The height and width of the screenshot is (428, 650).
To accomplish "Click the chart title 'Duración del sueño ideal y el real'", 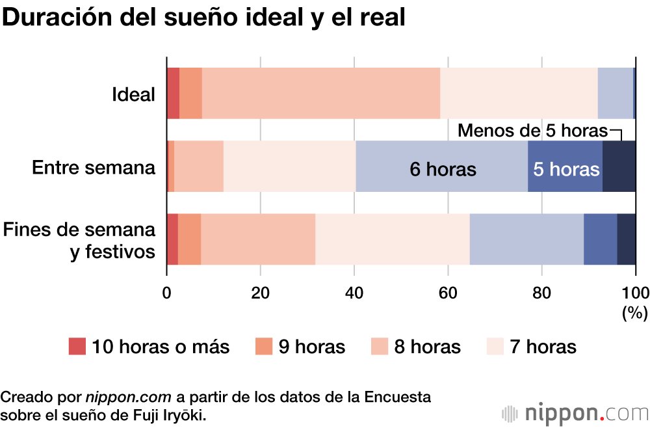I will tap(204, 18).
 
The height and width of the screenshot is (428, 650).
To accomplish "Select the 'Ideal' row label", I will tap(134, 95).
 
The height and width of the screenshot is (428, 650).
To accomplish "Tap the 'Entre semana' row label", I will tap(94, 168).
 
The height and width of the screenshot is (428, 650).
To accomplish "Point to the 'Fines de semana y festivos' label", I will tap(79, 239).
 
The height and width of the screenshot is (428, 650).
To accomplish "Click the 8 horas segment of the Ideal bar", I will tap(321, 93).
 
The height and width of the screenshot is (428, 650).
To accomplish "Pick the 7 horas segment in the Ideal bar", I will tap(519, 93).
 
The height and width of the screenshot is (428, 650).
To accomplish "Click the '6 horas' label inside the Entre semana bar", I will tap(443, 170).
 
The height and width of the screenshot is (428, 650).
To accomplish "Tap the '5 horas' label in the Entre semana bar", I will tap(565, 170).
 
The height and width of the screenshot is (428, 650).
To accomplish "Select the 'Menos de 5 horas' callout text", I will tap(532, 131).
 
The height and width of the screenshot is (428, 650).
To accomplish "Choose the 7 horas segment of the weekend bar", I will tap(392, 239).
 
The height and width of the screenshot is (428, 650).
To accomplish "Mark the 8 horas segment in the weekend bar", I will tap(258, 239).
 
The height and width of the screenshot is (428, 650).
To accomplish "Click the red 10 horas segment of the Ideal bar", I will tap(173, 93).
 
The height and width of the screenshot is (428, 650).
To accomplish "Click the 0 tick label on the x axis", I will tap(167, 291).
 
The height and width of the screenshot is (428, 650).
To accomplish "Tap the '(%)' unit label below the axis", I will tap(634, 313).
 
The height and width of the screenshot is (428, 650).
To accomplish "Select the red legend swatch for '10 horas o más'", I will tap(77, 347).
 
